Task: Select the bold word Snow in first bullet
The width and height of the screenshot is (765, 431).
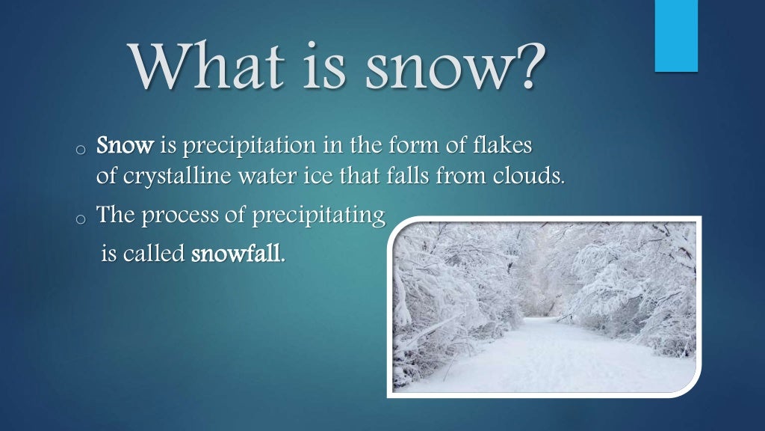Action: (124, 145)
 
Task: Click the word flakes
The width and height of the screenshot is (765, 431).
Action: (505, 145)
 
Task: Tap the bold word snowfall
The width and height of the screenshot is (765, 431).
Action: (238, 254)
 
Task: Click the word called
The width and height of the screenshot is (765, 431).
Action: (153, 254)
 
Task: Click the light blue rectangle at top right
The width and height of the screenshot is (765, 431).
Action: (676, 36)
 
